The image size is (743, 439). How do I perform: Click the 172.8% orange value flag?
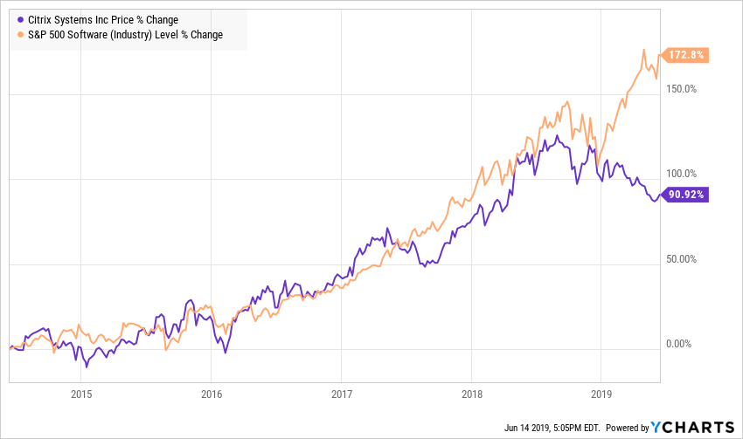point(685,55)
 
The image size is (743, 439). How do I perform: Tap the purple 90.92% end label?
point(685,195)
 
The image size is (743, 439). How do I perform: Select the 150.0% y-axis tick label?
point(682,89)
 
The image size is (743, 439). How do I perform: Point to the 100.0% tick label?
point(682,174)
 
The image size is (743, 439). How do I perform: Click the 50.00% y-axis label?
point(682,258)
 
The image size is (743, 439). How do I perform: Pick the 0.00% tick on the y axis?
point(678,344)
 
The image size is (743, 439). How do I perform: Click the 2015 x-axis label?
point(81,394)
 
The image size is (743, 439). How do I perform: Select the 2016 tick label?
point(212,394)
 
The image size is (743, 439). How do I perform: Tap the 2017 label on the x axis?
point(342,394)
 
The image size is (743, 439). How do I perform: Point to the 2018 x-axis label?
point(472,394)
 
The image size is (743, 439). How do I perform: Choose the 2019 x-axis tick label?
point(601,394)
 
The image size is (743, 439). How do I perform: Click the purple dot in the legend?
point(20,20)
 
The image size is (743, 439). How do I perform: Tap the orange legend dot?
point(20,35)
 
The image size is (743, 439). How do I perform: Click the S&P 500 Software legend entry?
point(125,35)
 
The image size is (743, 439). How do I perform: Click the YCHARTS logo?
point(692,427)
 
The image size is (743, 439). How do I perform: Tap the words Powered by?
point(628,428)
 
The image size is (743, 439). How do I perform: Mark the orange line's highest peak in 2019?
point(644,50)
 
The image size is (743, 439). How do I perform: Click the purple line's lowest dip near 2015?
point(87,367)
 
